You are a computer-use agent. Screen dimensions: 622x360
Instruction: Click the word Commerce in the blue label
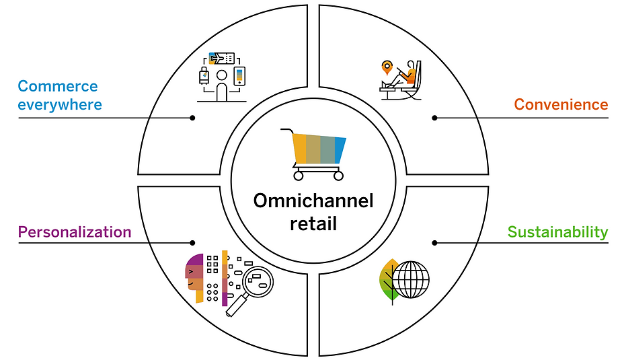[x=58, y=86]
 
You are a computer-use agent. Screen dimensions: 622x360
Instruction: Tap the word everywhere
[x=60, y=105]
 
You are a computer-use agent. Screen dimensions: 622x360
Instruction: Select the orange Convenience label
[x=561, y=104]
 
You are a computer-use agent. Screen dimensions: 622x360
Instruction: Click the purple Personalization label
[x=75, y=231]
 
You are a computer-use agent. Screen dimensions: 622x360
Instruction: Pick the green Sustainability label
[x=557, y=231]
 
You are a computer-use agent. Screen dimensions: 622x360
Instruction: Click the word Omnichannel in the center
[x=313, y=201]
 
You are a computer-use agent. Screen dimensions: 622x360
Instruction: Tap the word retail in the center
[x=313, y=223]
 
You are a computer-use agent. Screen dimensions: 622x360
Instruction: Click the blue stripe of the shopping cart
[x=340, y=150]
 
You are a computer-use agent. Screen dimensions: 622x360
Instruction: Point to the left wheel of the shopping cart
[x=299, y=176]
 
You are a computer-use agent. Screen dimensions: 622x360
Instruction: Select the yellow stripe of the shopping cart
[x=300, y=149]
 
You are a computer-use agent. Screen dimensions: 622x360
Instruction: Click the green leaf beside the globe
[x=389, y=281]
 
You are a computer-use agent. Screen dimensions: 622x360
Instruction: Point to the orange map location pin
[x=387, y=67]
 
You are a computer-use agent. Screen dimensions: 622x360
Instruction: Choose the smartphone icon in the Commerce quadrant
[x=239, y=76]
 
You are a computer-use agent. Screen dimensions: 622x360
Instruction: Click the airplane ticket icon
[x=221, y=59]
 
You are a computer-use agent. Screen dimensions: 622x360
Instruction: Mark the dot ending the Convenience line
[x=434, y=118]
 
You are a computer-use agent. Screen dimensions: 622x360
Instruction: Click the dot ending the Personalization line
[x=192, y=242]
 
